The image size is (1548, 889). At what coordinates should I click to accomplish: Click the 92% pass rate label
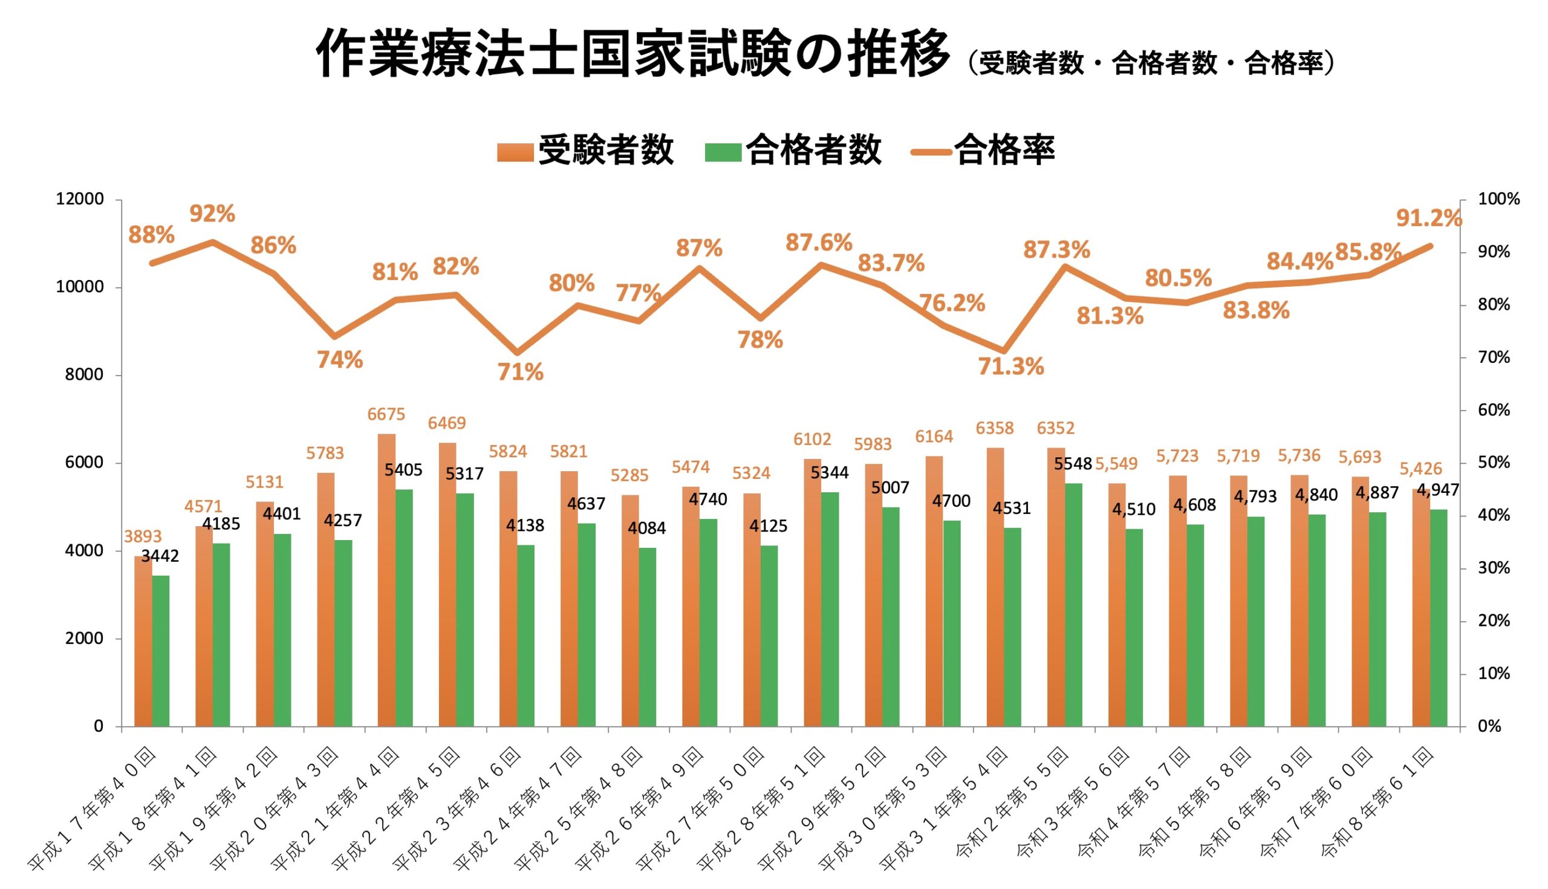[212, 213]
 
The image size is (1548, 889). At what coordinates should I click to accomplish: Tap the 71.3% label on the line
[1010, 366]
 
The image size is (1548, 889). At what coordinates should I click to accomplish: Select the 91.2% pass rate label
[1428, 218]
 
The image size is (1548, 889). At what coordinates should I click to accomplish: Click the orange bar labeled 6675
[386, 580]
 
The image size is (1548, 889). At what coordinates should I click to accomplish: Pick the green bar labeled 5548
[1073, 605]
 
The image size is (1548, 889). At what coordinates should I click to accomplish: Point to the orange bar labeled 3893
[143, 641]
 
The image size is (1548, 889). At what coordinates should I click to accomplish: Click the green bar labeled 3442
[160, 651]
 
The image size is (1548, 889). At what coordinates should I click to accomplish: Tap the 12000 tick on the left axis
[80, 199]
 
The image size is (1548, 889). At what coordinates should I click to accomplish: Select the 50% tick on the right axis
[1493, 463]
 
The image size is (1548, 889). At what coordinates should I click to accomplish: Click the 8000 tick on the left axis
[84, 375]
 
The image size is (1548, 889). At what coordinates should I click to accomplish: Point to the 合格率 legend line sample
[930, 151]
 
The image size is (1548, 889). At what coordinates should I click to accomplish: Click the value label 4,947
[1437, 490]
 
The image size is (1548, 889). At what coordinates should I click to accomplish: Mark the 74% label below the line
[339, 360]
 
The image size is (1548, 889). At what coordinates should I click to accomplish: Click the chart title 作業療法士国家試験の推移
[633, 54]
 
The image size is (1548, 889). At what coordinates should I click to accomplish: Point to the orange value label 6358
[994, 428]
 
